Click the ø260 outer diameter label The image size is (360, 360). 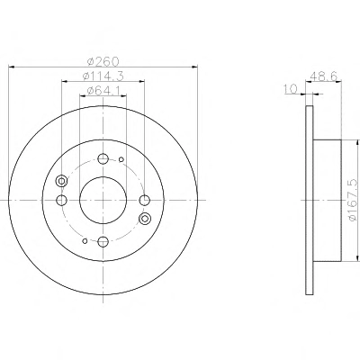[103, 61]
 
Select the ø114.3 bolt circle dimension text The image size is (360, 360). [103, 76]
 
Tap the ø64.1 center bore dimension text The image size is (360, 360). [103, 90]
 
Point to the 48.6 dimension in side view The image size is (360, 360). [325, 76]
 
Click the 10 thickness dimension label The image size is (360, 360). [290, 89]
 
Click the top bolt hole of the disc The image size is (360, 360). [103, 158]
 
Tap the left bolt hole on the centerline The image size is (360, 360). [61, 200]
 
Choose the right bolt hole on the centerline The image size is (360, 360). [145, 200]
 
